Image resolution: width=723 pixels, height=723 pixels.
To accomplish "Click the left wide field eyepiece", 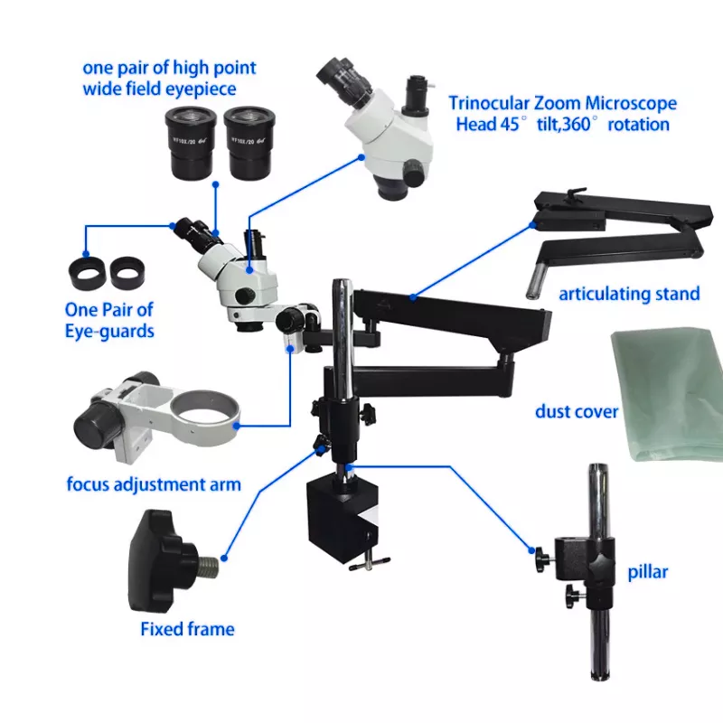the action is tap(191, 142).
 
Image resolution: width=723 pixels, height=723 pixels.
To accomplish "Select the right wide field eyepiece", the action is tap(249, 143).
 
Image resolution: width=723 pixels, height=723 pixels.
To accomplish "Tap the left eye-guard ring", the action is tap(88, 274).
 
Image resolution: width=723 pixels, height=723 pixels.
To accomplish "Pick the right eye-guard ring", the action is tap(127, 273).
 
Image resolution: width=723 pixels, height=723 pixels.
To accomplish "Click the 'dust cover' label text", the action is tap(577, 412).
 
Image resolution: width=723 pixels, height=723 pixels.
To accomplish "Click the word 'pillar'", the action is tap(648, 572).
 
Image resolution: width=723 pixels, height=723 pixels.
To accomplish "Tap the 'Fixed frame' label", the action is tap(188, 629).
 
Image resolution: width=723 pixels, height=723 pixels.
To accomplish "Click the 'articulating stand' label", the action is tap(629, 294).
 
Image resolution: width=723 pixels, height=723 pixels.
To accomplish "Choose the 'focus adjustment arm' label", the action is tap(154, 484).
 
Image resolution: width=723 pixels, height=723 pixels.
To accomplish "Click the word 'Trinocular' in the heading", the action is tap(489, 103).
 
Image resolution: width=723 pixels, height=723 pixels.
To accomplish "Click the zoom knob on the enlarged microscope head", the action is tap(414, 173).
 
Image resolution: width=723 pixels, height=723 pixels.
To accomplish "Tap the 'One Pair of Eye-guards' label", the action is tap(109, 321).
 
